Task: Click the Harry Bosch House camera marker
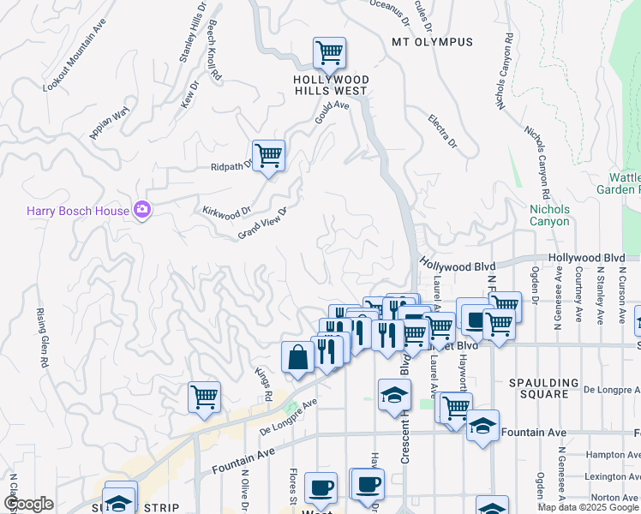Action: [142, 210]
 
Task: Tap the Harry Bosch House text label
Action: [76, 211]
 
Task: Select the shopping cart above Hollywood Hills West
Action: [329, 53]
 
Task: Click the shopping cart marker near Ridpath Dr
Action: [268, 155]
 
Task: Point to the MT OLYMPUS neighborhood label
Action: [432, 42]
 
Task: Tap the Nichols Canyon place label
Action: [549, 215]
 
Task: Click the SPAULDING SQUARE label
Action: [550, 388]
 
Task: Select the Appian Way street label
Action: [109, 123]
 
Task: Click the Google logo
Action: [28, 503]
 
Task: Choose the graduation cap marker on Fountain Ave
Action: [482, 426]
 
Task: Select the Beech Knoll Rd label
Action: [213, 51]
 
